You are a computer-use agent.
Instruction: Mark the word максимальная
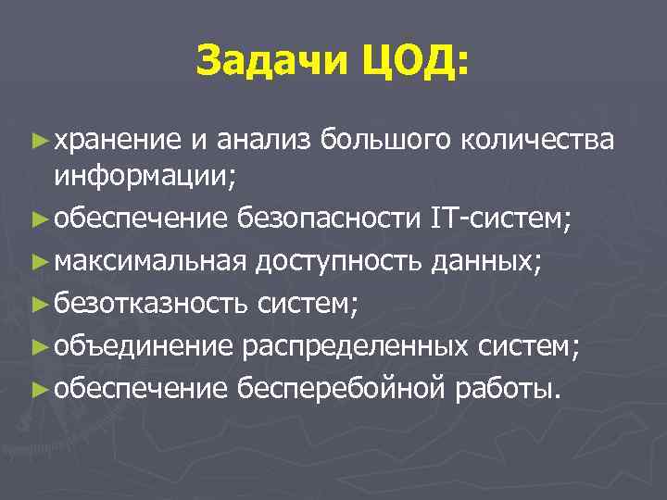pos(149,260)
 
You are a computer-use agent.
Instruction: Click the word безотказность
pos(149,301)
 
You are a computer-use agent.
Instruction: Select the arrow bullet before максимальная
pos(37,261)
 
